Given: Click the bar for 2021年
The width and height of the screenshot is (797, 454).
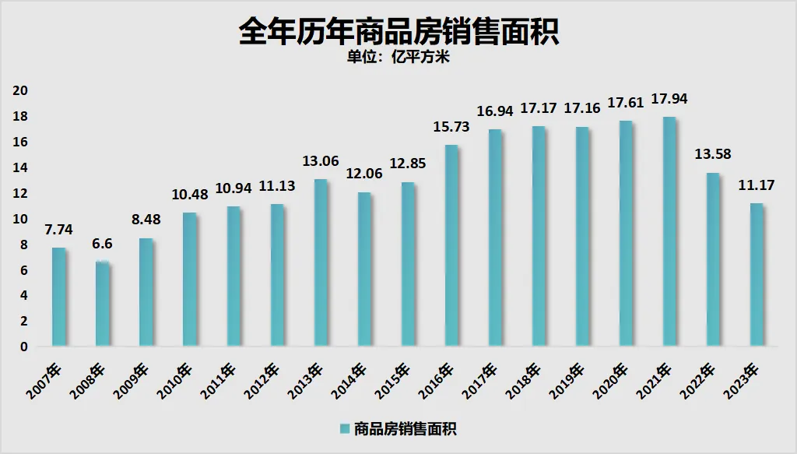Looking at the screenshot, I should click(669, 231).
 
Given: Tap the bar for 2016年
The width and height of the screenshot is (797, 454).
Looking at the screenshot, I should click(451, 245).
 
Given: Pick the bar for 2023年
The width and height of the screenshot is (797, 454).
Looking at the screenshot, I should click(756, 275).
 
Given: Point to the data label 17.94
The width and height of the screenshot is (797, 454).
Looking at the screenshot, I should click(670, 99).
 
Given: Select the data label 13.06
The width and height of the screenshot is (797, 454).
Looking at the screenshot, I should click(320, 161).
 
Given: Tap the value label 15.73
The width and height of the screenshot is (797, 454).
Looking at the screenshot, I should click(451, 127).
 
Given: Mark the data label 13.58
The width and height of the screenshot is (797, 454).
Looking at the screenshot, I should click(714, 154).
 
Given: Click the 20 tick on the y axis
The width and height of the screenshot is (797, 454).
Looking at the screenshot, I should click(21, 90).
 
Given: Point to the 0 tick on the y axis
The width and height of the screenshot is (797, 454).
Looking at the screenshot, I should click(24, 347).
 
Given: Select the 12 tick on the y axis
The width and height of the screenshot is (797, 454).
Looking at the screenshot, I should click(21, 193).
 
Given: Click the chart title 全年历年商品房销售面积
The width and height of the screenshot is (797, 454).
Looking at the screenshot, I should click(398, 33).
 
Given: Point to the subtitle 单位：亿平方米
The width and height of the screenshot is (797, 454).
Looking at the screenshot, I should click(398, 58).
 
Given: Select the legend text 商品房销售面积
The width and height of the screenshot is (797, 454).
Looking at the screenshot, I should click(404, 428).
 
